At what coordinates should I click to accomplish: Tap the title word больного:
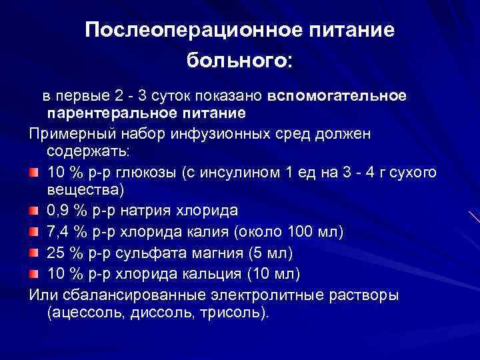pos(239,61)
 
